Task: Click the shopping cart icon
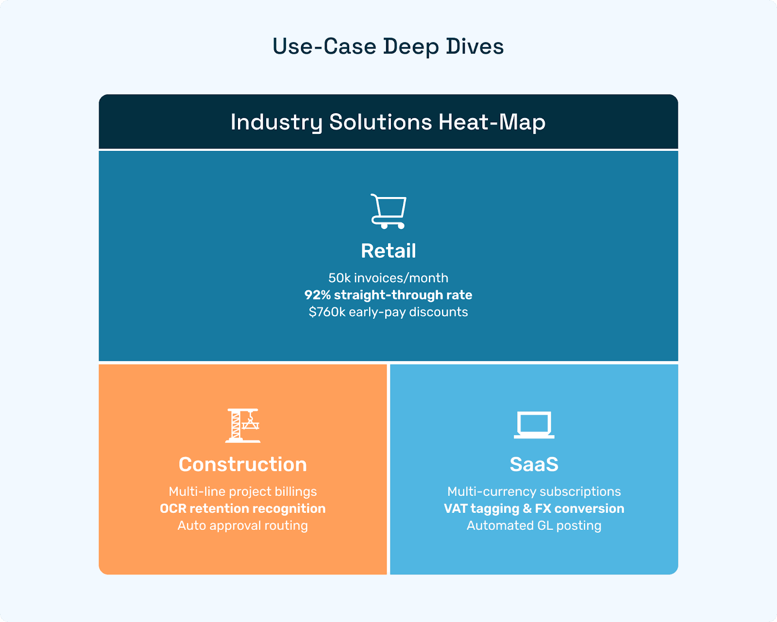(388, 212)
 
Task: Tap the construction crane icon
(243, 426)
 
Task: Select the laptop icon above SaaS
(534, 425)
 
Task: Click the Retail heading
(388, 251)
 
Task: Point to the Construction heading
(243, 464)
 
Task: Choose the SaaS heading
(534, 464)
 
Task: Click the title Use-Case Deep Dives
(388, 47)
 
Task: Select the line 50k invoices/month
(388, 278)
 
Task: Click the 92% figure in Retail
(318, 295)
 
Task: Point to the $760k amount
(327, 312)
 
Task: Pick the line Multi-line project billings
(243, 491)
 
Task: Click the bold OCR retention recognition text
(243, 508)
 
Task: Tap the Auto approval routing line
(243, 525)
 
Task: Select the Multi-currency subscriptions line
(534, 491)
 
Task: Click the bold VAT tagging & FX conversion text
(534, 508)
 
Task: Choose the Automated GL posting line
(534, 525)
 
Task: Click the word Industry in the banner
(276, 122)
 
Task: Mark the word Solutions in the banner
(380, 122)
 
